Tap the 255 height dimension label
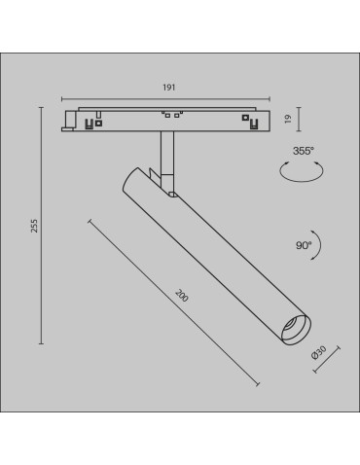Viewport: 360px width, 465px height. tap(34, 225)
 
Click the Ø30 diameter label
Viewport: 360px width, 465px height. tap(317, 358)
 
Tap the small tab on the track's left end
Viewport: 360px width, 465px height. tap(69, 121)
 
